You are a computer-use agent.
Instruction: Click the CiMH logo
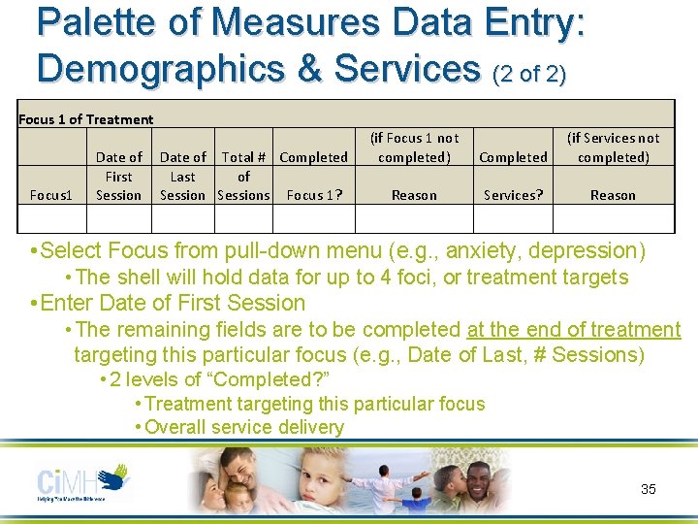[x=82, y=482]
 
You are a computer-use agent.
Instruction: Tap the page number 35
[x=649, y=489]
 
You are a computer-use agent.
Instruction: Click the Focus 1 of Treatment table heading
[x=86, y=119]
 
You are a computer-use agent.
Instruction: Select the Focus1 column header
[x=51, y=195]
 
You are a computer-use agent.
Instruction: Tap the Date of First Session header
[x=118, y=176]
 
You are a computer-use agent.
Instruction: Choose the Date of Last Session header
[x=182, y=176]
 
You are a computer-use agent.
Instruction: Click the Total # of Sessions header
[x=243, y=176]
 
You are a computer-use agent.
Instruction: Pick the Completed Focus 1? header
[x=313, y=176]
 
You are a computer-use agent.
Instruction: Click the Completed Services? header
[x=513, y=176]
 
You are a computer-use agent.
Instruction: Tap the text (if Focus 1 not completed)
[x=414, y=147]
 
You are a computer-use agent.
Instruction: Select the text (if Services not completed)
[x=613, y=147]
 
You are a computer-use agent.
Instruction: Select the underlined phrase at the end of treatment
[x=574, y=330]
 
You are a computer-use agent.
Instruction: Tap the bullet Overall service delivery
[x=243, y=427]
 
